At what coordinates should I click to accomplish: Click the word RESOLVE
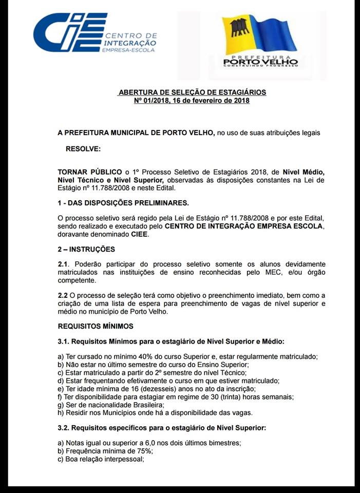83,149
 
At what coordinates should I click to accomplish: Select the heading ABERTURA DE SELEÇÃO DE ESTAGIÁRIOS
192,92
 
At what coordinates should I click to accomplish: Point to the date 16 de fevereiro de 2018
214,101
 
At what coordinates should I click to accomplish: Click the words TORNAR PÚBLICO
89,171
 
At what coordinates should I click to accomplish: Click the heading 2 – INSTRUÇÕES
86,249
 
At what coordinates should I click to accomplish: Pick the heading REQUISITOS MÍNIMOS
95,326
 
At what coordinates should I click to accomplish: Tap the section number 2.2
63,295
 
